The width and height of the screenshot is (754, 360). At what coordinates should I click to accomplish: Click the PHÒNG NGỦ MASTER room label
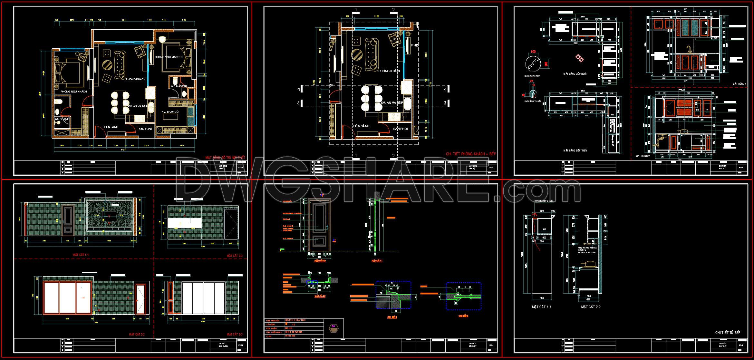[168, 57]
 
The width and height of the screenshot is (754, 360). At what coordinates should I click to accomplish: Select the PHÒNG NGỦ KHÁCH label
[73, 92]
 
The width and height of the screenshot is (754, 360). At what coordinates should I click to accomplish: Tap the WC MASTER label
[179, 86]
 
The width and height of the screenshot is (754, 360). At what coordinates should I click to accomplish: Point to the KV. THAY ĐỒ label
[170, 112]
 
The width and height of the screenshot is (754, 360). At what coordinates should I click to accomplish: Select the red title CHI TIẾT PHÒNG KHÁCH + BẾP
[471, 154]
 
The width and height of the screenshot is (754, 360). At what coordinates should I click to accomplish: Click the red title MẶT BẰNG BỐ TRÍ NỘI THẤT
[225, 158]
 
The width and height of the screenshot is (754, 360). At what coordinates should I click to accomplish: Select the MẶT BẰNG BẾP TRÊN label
[575, 151]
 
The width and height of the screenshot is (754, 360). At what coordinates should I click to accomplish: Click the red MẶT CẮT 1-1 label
[81, 255]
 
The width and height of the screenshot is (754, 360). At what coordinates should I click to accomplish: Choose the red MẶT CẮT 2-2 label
[137, 335]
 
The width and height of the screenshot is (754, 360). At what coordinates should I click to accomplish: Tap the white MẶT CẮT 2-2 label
[591, 307]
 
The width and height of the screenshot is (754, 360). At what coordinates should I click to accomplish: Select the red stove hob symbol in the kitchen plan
[579, 67]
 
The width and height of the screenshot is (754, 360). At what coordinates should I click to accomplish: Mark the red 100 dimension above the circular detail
[533, 52]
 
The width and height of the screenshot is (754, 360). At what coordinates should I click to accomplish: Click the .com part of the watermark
[541, 191]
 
